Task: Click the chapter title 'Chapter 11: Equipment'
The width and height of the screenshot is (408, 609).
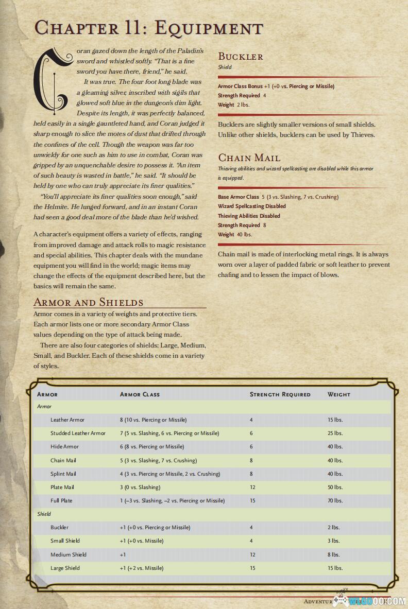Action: tap(148, 28)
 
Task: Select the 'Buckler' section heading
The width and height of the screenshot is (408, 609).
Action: tap(241, 56)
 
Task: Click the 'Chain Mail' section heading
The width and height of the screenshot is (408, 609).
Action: tap(249, 158)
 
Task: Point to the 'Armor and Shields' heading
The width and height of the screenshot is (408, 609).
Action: tap(88, 302)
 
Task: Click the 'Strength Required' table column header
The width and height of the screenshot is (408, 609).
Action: tap(280, 394)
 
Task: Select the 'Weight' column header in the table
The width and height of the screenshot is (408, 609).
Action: tap(338, 394)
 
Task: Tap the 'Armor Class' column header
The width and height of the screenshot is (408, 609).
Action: tap(140, 394)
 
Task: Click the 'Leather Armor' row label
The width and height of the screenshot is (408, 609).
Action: tap(67, 420)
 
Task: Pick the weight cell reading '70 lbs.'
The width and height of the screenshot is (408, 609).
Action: tap(335, 500)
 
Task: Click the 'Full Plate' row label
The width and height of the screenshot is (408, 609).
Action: tap(61, 500)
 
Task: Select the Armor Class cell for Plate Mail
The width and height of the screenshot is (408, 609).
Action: tap(140, 487)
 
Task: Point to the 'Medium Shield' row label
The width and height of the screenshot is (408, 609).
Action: tap(69, 554)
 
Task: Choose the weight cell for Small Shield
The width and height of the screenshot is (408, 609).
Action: tap(333, 541)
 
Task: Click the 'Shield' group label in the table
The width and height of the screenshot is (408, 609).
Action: tap(44, 514)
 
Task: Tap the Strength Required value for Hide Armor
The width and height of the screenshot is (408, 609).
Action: tap(251, 447)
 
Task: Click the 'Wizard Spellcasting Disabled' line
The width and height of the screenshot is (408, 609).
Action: tap(252, 206)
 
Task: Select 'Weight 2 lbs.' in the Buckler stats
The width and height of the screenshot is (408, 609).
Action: tap(233, 105)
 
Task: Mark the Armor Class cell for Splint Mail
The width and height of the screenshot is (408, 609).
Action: tap(170, 474)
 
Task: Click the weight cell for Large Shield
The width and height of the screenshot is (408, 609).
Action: tap(335, 568)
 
